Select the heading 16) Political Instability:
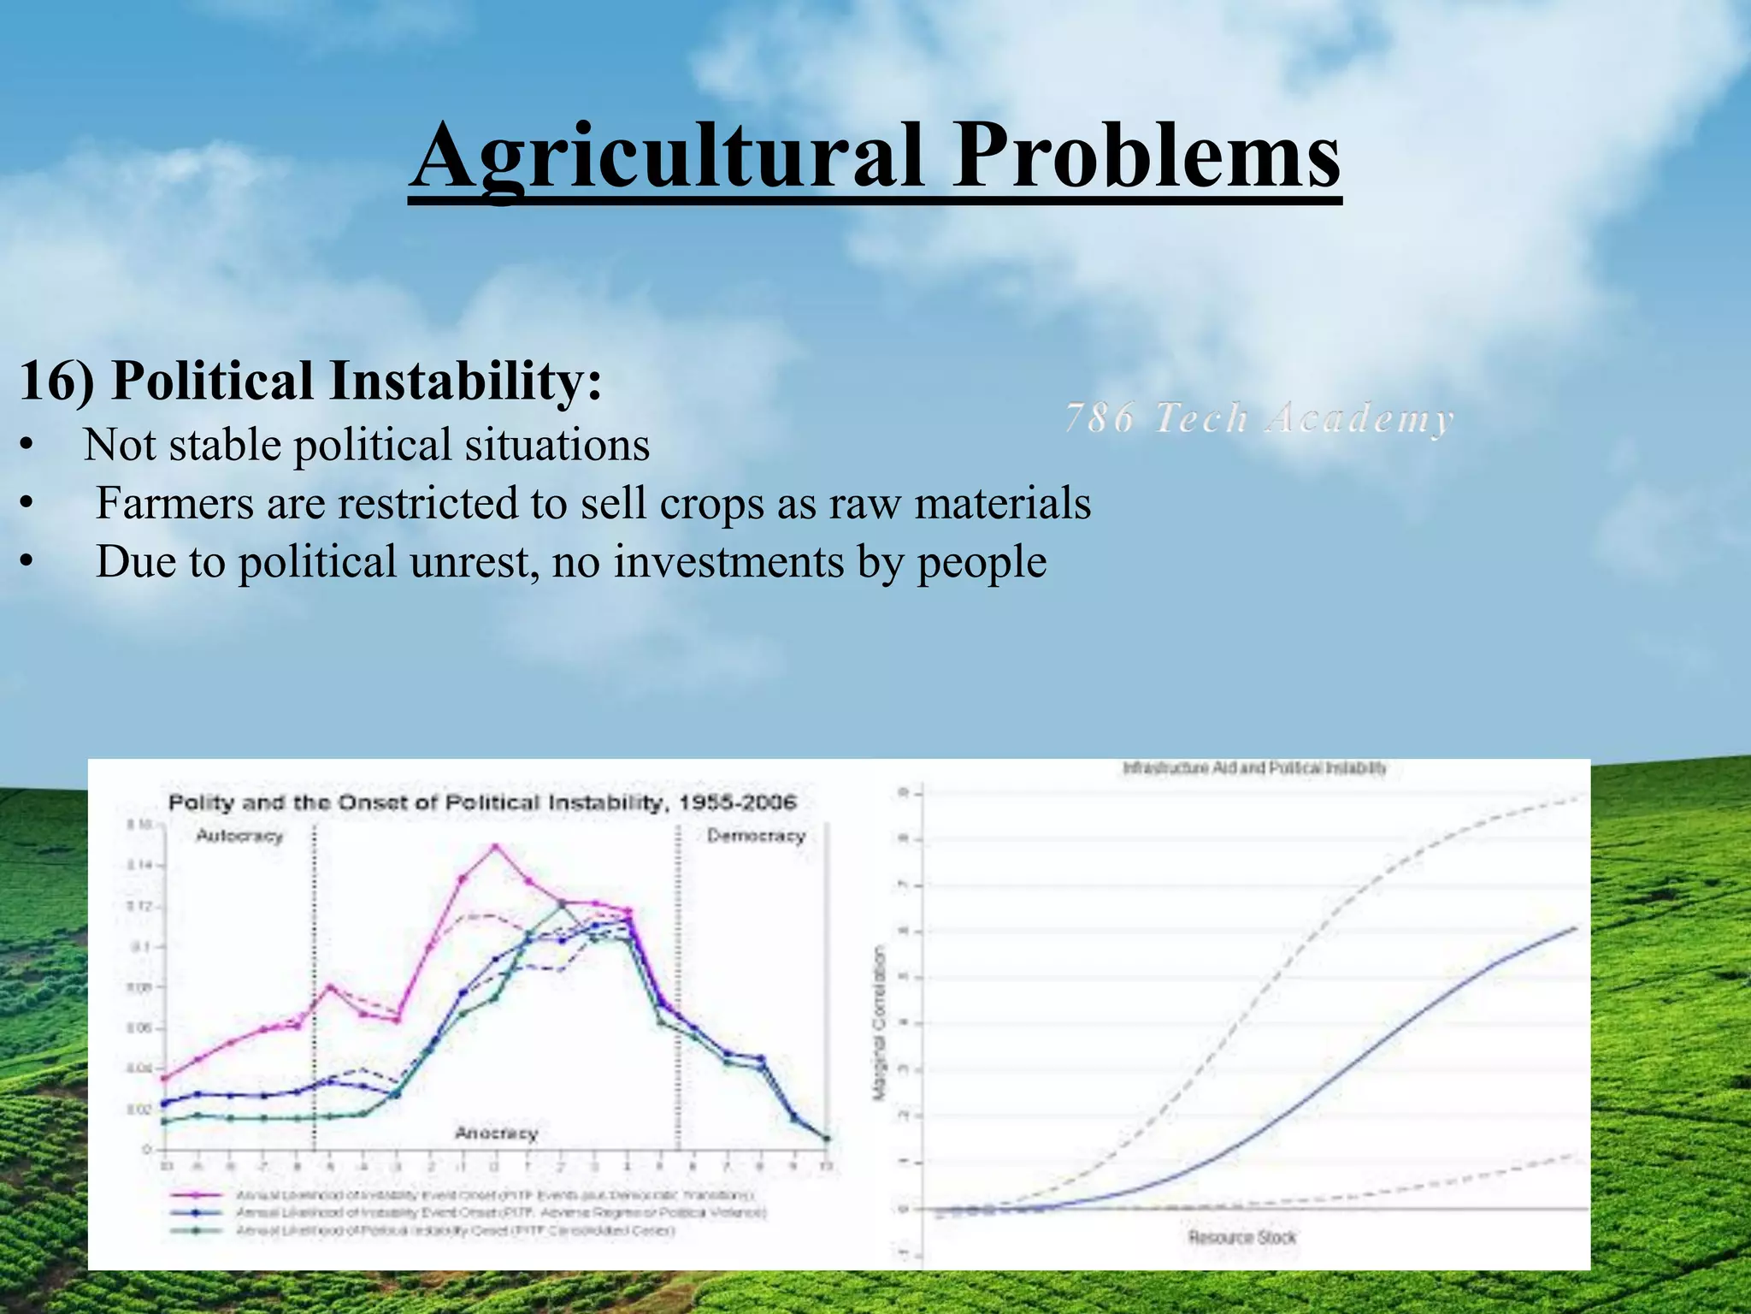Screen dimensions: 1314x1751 310,381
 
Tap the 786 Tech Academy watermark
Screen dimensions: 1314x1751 1259,419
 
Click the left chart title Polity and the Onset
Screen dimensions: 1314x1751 481,802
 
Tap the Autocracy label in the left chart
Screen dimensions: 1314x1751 239,836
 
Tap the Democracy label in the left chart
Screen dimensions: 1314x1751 756,836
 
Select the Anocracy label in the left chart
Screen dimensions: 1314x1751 496,1133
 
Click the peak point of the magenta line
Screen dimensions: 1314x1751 494,847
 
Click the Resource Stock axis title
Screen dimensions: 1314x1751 1241,1237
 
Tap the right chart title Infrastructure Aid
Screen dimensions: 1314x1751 1253,768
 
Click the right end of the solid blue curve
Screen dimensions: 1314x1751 1574,928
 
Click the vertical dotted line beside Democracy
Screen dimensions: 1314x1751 678,984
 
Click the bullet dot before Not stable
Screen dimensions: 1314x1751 27,447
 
